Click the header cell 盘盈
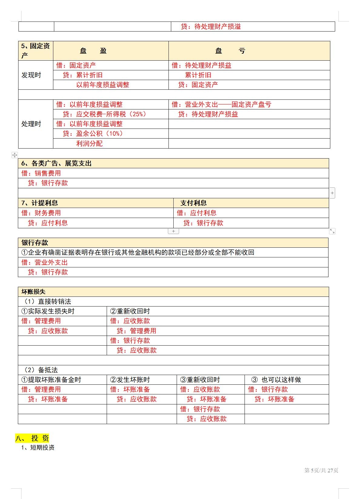coord(93,51)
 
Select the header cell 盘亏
coord(230,51)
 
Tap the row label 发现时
coord(31,75)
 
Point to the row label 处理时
coord(31,124)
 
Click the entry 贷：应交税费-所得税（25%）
coord(104,114)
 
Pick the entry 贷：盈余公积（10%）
coord(93,134)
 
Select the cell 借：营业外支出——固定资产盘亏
coord(222,105)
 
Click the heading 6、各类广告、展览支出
coord(56,163)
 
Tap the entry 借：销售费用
coord(41,173)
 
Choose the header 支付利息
coord(193,203)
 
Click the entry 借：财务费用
coord(41,213)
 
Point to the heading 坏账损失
coord(33,292)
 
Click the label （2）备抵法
coord(41,370)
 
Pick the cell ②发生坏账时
coord(130,380)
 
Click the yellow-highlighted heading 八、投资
coord(32,438)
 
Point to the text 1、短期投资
coord(38,447)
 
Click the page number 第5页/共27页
coord(321,470)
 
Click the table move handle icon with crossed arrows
coord(15,155)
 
